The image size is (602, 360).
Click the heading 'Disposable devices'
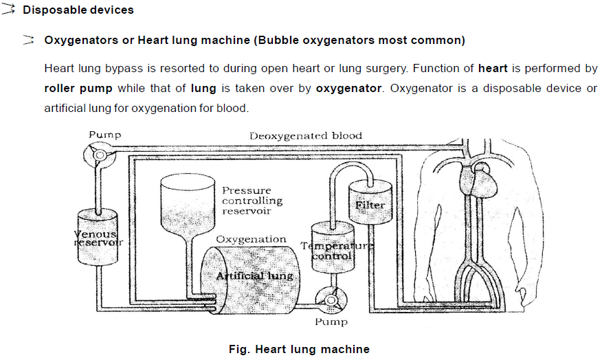click(78, 10)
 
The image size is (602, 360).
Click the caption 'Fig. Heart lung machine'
click(299, 349)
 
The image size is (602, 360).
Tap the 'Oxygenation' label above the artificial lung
click(251, 239)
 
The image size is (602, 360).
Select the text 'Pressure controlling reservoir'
click(252, 201)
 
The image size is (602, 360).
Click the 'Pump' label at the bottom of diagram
click(331, 322)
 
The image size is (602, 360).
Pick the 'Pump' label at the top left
click(104, 135)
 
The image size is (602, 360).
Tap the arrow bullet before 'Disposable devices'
click(10, 10)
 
